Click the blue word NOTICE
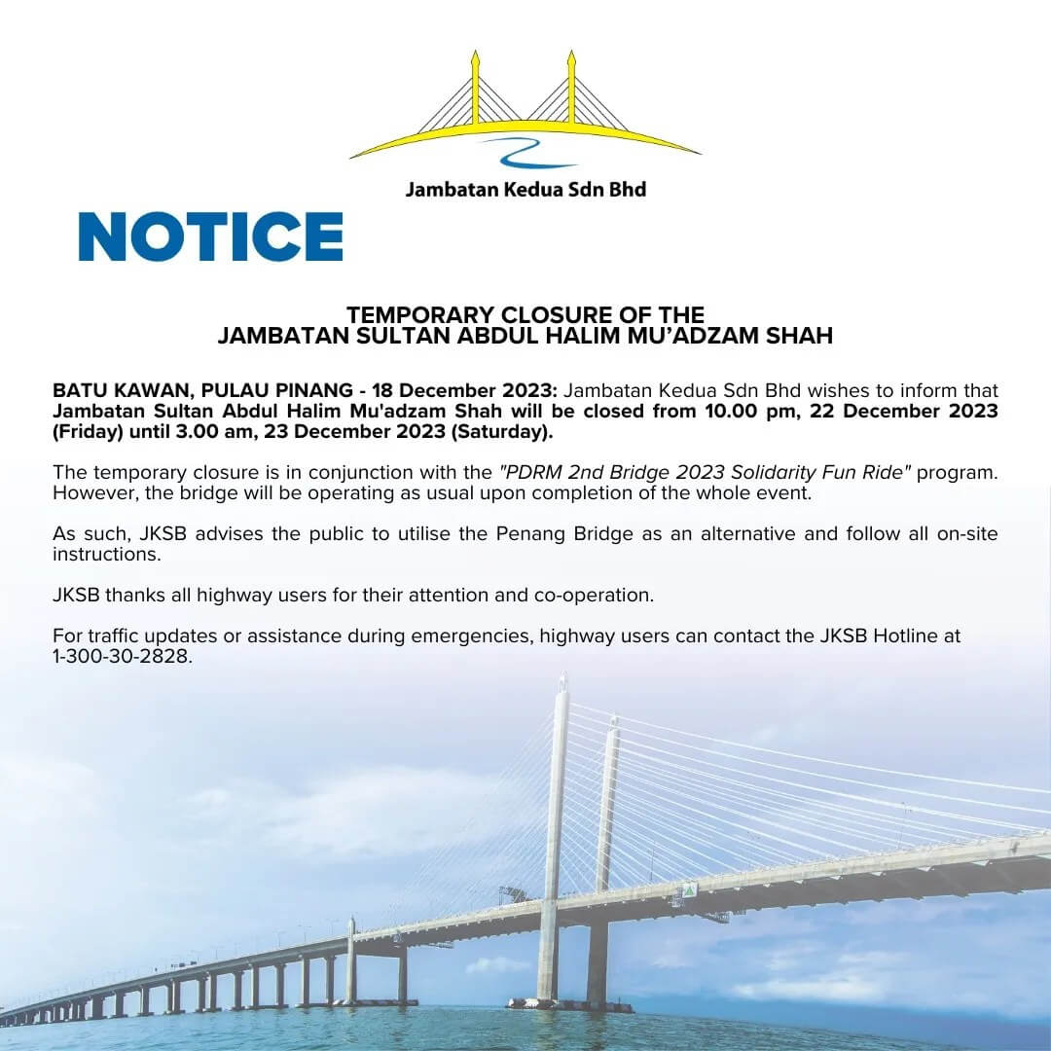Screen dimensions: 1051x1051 tap(211, 236)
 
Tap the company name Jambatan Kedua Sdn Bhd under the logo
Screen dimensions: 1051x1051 tap(525, 188)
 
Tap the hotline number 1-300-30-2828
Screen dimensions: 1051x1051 tap(123, 656)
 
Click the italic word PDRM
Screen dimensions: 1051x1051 tap(526, 472)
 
